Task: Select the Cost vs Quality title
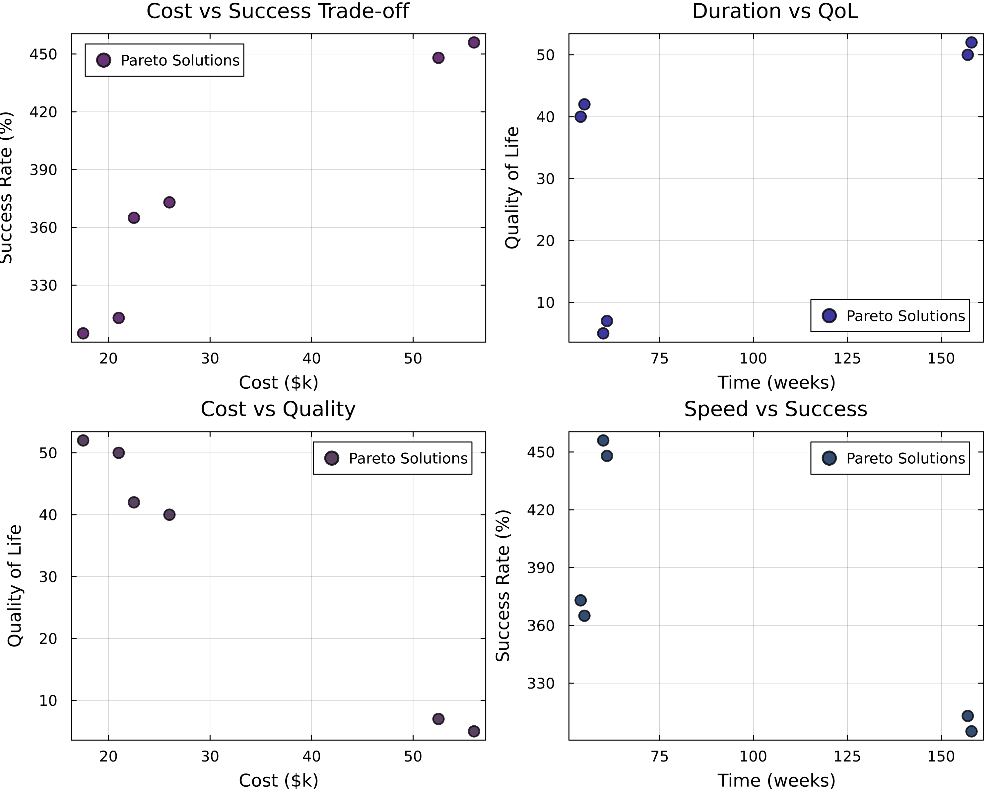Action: point(278,409)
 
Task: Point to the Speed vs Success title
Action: point(775,409)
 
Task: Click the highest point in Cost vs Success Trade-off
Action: point(474,42)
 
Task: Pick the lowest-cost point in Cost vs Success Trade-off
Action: point(83,333)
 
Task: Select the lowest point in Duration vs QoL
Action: point(603,333)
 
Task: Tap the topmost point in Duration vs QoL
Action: point(971,42)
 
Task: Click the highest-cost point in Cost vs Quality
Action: point(474,731)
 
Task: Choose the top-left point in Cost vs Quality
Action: point(83,440)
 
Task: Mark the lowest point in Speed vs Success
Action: point(971,731)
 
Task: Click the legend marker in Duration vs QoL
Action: point(829,316)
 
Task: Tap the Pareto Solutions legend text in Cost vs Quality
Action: point(408,458)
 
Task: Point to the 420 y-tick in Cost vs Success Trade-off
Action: point(43,112)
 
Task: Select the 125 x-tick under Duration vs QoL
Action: point(847,359)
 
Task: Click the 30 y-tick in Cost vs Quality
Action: point(47,577)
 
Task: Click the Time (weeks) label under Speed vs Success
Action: point(776,781)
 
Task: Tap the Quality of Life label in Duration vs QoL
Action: point(512,188)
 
